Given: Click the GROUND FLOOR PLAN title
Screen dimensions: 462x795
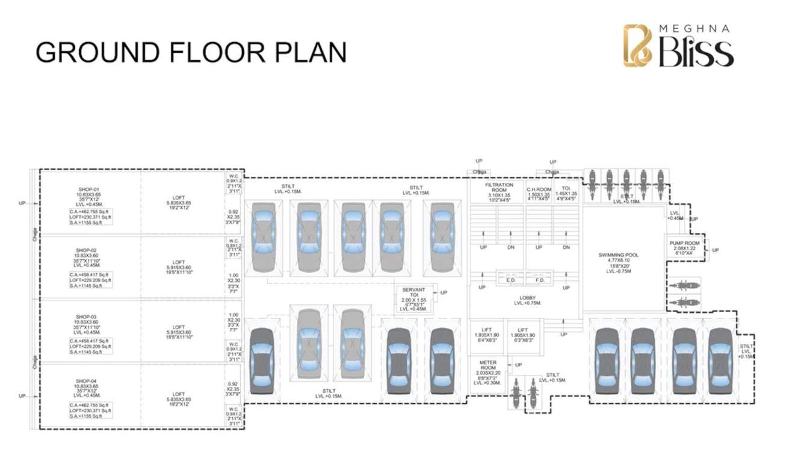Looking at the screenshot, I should pos(191,52).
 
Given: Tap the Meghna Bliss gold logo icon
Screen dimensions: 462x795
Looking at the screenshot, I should pos(638,45).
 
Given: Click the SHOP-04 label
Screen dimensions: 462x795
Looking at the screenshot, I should pos(86,381).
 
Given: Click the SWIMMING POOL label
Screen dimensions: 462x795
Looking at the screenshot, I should pos(619,255).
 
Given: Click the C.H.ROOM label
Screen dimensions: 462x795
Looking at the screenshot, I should pos(539,189).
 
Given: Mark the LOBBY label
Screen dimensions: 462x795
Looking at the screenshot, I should pos(527,298).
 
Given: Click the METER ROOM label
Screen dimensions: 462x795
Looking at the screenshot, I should pos(487,363).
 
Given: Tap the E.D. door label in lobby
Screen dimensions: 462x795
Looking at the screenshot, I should pos(511,281).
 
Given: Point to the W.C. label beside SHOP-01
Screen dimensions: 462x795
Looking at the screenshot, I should pos(234,176).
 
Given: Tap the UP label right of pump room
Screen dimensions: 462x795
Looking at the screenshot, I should pos(716,250).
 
